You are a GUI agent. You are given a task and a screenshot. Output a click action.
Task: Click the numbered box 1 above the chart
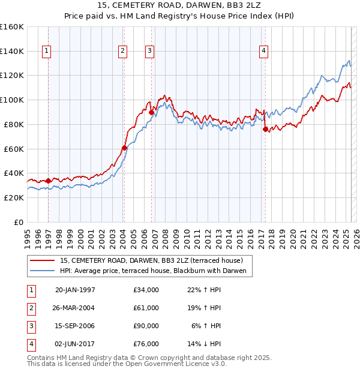click(47, 51)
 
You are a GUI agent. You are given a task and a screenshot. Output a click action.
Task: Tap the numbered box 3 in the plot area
click(149, 51)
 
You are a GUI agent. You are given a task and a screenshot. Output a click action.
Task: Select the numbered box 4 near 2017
click(263, 51)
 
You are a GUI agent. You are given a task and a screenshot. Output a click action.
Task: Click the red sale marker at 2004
click(124, 148)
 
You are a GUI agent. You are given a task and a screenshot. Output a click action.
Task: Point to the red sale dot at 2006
click(151, 112)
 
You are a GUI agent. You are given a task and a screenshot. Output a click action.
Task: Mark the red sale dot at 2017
click(265, 129)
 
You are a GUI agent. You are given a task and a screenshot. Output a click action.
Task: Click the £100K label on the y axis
click(11, 100)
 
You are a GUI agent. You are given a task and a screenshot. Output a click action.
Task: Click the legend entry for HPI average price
click(154, 271)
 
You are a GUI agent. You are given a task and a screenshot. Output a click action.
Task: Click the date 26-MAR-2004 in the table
click(75, 308)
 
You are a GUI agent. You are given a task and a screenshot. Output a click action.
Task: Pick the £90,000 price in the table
click(146, 326)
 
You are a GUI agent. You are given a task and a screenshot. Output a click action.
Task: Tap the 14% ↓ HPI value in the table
click(205, 344)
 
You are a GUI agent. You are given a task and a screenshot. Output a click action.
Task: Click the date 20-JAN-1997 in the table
click(75, 290)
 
